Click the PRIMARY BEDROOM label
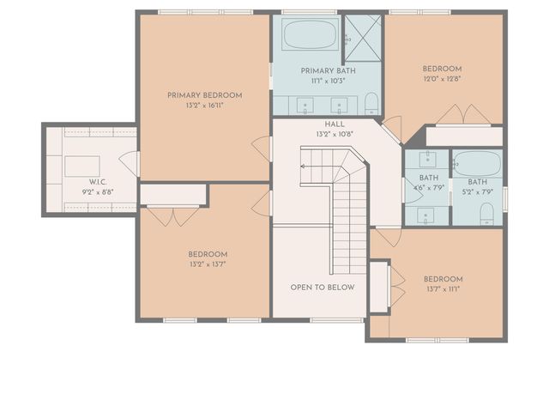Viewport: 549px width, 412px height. click(204, 95)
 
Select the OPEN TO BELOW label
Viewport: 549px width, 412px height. click(322, 288)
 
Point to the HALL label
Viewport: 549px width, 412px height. click(323, 124)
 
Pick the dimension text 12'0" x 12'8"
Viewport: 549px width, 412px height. click(442, 79)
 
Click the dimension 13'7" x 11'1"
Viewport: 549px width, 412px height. click(443, 289)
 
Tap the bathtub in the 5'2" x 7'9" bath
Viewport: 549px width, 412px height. click(473, 164)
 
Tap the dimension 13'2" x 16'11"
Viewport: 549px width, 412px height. click(204, 106)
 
